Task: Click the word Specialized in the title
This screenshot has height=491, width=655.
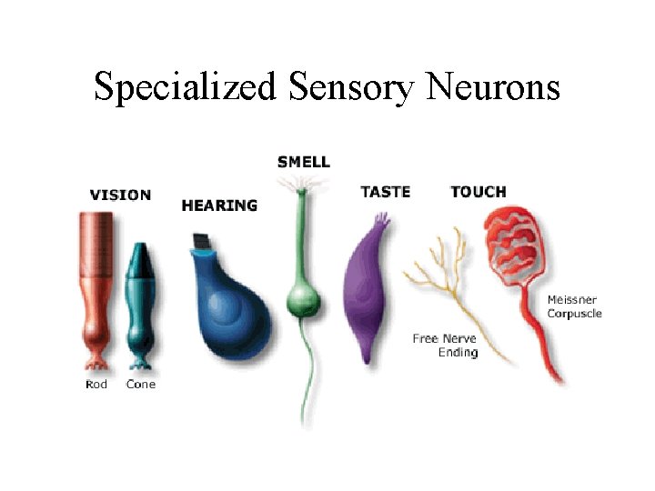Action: pos(186,87)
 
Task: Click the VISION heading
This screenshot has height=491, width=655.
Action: pos(120,195)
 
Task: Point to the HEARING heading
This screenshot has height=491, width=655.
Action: pos(219,205)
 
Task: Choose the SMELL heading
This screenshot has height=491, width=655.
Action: pos(303,162)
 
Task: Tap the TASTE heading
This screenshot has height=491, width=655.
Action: pos(385,192)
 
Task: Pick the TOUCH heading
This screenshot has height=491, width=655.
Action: pos(478,192)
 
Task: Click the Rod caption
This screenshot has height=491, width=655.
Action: pos(96,385)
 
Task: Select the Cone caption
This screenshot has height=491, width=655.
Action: pos(140,385)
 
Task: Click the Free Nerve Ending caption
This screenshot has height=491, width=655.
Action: pos(445,346)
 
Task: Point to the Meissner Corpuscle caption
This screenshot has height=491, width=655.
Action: pos(574,306)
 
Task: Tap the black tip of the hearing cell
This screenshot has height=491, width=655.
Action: pos(201,242)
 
